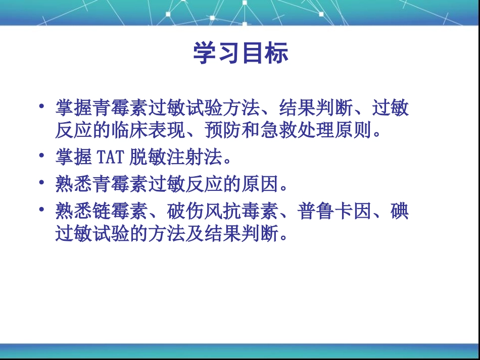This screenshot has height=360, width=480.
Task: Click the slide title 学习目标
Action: tap(241, 54)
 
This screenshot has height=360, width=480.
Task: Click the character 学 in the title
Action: tap(205, 54)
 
